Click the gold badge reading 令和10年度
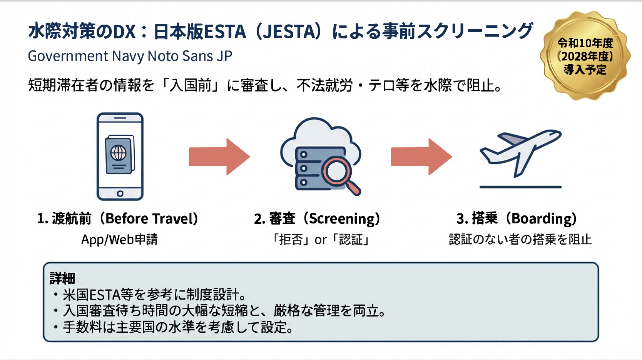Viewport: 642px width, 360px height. (x=585, y=56)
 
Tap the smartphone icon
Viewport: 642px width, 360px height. (x=120, y=157)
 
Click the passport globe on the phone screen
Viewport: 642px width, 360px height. (x=119, y=153)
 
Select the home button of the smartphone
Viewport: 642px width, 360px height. (x=120, y=193)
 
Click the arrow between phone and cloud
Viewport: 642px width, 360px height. (x=219, y=157)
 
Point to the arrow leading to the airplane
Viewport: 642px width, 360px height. (x=421, y=157)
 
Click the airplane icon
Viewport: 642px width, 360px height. (x=521, y=153)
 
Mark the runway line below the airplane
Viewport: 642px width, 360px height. (x=520, y=187)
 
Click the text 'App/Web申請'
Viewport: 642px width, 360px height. (x=120, y=240)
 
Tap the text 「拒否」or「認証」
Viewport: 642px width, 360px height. (x=321, y=240)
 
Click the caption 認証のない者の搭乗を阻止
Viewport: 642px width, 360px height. (x=520, y=240)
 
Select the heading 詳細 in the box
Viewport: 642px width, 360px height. (x=62, y=278)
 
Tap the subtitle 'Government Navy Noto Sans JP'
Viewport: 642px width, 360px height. (x=130, y=56)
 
